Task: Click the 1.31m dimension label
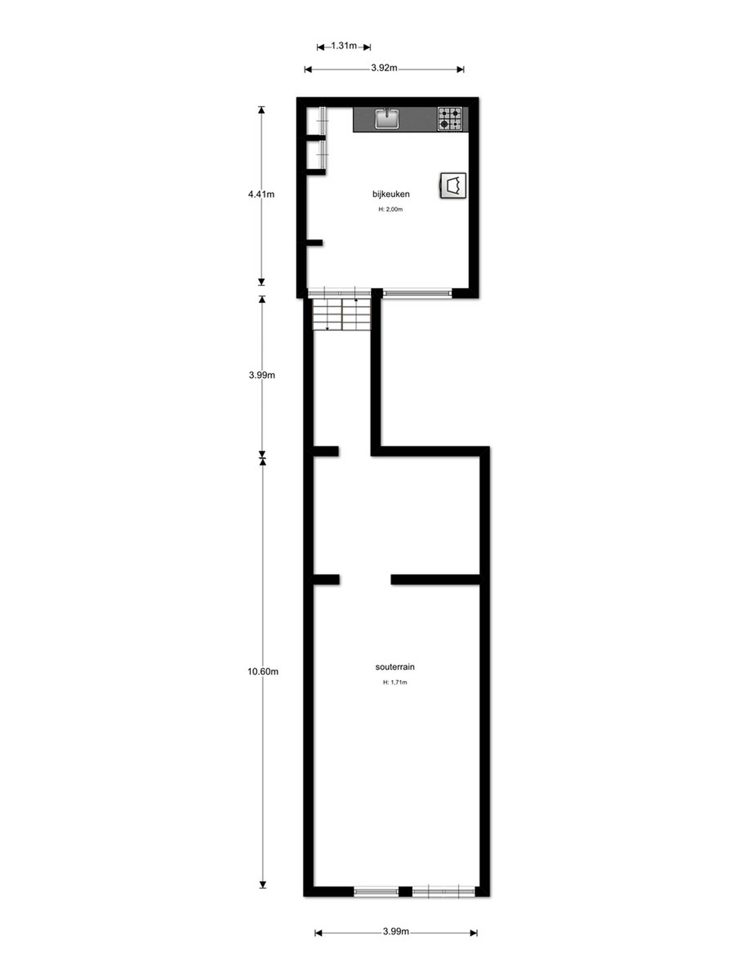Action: pyautogui.click(x=344, y=46)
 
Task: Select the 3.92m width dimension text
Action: pyautogui.click(x=384, y=68)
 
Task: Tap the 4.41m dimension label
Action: pyautogui.click(x=261, y=194)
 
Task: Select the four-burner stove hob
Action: pyautogui.click(x=450, y=119)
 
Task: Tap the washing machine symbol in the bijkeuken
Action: pyautogui.click(x=453, y=186)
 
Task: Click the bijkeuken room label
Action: pyautogui.click(x=391, y=194)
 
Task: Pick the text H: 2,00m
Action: pyautogui.click(x=390, y=209)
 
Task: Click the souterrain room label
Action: pyautogui.click(x=395, y=666)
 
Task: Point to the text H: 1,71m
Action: pyautogui.click(x=395, y=682)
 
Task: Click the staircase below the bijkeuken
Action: pyautogui.click(x=341, y=315)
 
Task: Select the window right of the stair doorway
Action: pyautogui.click(x=417, y=293)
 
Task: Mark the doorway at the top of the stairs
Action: pyautogui.click(x=340, y=293)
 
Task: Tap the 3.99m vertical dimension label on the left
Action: pyautogui.click(x=262, y=375)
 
